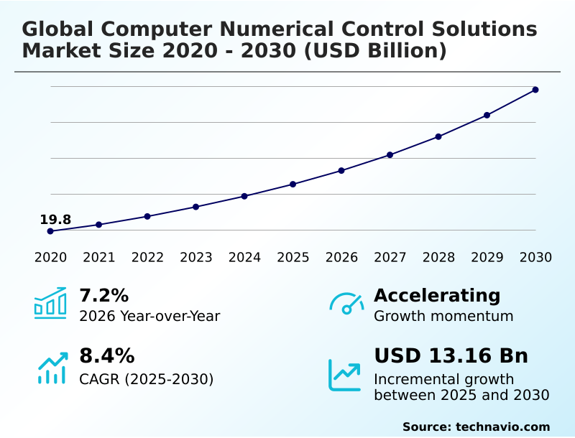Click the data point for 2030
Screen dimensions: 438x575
point(535,90)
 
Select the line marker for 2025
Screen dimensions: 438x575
point(293,185)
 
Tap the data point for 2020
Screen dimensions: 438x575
point(50,231)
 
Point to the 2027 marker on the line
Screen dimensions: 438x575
point(390,155)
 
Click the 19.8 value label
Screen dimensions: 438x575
point(55,220)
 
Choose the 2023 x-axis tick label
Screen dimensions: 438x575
point(196,258)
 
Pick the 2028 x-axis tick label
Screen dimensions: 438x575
point(438,258)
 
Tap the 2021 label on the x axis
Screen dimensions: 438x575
point(99,258)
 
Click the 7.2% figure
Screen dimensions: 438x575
point(103,295)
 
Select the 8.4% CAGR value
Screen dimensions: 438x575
point(106,356)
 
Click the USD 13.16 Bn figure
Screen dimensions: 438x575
point(451,356)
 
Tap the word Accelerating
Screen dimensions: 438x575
point(437,295)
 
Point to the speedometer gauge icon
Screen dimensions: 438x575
point(346,304)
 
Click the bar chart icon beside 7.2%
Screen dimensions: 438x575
point(50,303)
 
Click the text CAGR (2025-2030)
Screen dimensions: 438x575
point(146,379)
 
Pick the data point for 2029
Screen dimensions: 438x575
point(487,115)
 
